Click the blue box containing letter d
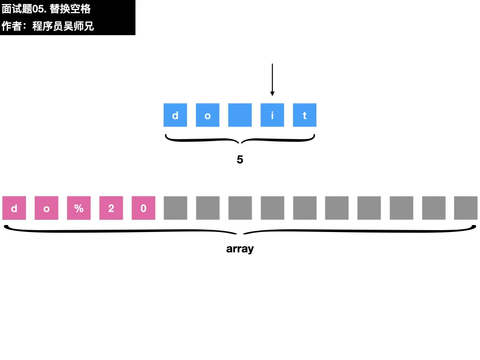pyautogui.click(x=175, y=115)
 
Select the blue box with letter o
pyautogui.click(x=208, y=115)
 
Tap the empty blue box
pyautogui.click(x=240, y=115)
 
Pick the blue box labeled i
pyautogui.click(x=272, y=115)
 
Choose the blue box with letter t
pyautogui.click(x=305, y=115)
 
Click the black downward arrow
pyautogui.click(x=272, y=80)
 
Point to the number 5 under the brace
pyautogui.click(x=240, y=160)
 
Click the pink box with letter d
pyautogui.click(x=14, y=208)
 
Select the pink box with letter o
pyautogui.click(x=46, y=208)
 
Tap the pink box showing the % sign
pyautogui.click(x=79, y=208)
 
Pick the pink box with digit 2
pyautogui.click(x=111, y=208)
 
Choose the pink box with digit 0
pyautogui.click(x=143, y=208)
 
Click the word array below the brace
pyautogui.click(x=240, y=249)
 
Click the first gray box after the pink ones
pyautogui.click(x=175, y=208)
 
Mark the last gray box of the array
pyautogui.click(x=466, y=208)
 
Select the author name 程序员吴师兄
pyautogui.click(x=63, y=26)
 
